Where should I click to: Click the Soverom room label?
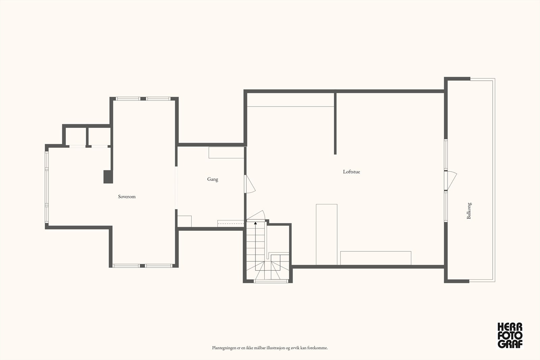(127, 196)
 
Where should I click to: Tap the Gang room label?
(213, 179)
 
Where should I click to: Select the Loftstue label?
(351, 172)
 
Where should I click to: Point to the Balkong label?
(469, 211)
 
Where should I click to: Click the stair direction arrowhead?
(255, 223)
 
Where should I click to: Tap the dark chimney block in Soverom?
(108, 177)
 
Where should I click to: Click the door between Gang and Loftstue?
(249, 184)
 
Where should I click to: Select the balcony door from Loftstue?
(450, 181)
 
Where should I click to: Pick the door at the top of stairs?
(256, 215)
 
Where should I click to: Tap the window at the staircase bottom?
(271, 281)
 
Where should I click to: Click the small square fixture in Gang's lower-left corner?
(184, 221)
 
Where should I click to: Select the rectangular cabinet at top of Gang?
(226, 153)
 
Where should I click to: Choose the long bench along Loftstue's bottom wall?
(376, 258)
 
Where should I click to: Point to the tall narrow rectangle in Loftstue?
(327, 234)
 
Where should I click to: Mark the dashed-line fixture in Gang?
(231, 223)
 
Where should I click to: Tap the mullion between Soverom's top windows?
(143, 99)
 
